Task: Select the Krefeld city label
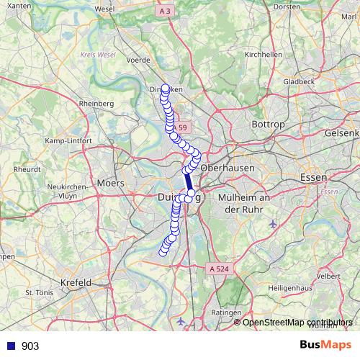[76, 282]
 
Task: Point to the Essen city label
[313, 176]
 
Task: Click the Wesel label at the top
[104, 9]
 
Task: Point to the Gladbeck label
[298, 81]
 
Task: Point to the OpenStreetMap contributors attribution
[297, 322]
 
